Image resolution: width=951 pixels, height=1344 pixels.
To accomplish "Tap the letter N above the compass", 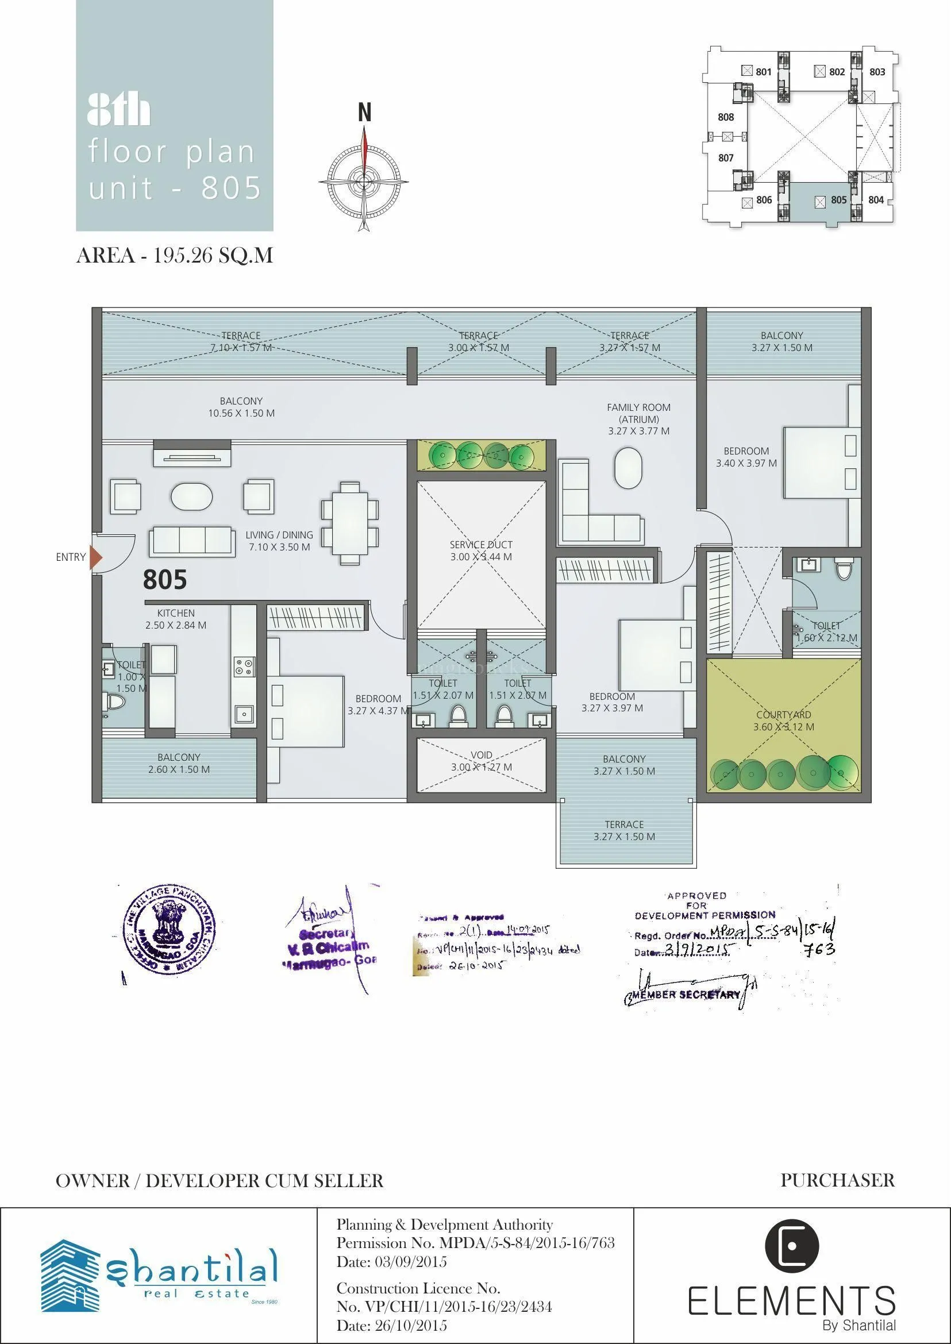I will pyautogui.click(x=364, y=112).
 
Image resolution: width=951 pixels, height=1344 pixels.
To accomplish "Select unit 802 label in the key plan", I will pyautogui.click(x=837, y=72).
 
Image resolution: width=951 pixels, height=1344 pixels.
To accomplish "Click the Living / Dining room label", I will pyautogui.click(x=279, y=541).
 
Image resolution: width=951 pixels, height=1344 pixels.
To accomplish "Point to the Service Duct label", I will pyautogui.click(x=481, y=550).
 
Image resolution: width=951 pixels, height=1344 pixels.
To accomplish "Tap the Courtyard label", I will pyautogui.click(x=784, y=721).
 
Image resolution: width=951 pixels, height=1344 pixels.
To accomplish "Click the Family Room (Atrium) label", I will pyautogui.click(x=638, y=419).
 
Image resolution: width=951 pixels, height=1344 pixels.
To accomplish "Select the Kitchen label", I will pyautogui.click(x=176, y=618).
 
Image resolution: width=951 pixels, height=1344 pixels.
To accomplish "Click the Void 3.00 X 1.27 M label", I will pyautogui.click(x=482, y=761).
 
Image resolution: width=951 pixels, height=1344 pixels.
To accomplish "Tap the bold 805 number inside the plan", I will pyautogui.click(x=165, y=580).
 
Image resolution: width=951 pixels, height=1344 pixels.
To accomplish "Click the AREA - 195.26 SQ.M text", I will pyautogui.click(x=175, y=256).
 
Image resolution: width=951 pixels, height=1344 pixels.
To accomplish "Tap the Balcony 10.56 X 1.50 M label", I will pyautogui.click(x=241, y=407).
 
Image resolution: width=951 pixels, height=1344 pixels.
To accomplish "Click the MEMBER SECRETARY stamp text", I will pyautogui.click(x=686, y=995).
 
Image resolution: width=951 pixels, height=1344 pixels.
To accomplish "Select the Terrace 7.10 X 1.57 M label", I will pyautogui.click(x=241, y=341).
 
